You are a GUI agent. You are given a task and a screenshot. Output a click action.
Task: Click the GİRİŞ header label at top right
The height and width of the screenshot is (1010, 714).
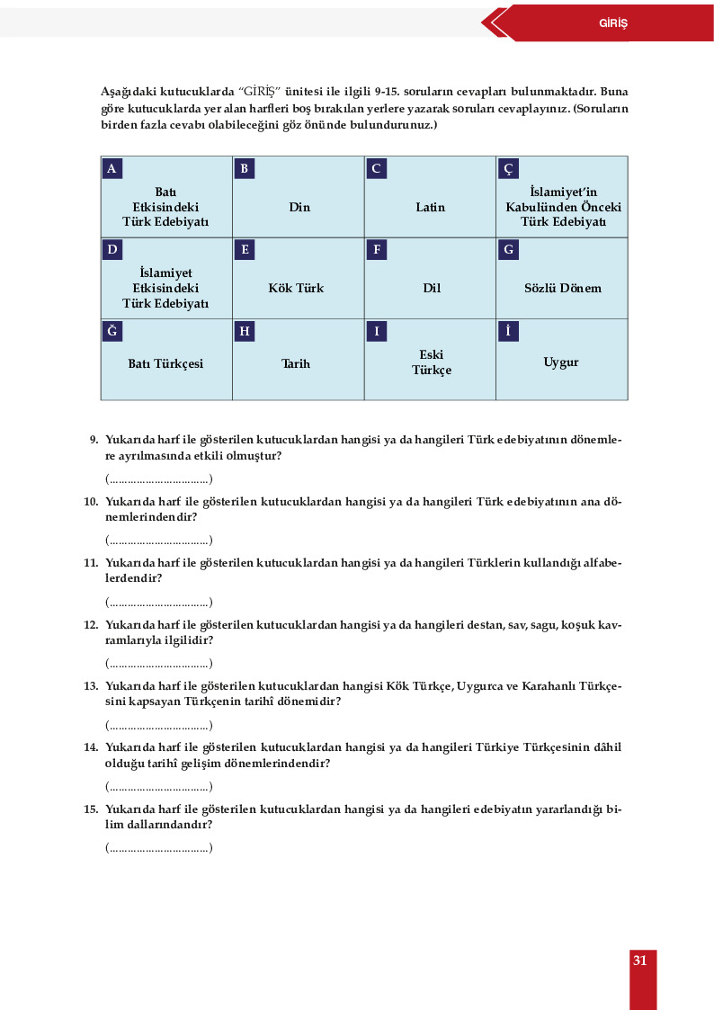(x=612, y=23)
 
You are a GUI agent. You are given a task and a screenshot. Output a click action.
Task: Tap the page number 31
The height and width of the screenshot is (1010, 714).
(x=639, y=961)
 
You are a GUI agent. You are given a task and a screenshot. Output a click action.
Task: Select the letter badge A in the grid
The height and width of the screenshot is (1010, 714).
(x=112, y=169)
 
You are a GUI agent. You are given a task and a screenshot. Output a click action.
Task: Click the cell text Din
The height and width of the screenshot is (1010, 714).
(x=299, y=208)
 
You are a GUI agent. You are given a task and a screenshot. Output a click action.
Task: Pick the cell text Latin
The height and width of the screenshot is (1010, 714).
(x=430, y=208)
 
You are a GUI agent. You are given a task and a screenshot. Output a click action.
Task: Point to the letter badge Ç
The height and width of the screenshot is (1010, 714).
(x=508, y=169)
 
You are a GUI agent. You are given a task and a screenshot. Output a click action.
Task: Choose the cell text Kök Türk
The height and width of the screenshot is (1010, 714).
(x=296, y=289)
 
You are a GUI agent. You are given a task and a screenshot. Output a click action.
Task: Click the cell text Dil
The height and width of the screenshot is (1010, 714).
(x=431, y=289)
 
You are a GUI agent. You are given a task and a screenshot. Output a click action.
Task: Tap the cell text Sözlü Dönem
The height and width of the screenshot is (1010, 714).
(x=562, y=289)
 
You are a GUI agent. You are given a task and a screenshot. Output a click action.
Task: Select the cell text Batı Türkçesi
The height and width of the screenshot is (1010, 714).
(x=165, y=364)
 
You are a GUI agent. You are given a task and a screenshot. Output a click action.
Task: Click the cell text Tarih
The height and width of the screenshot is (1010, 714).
(x=296, y=364)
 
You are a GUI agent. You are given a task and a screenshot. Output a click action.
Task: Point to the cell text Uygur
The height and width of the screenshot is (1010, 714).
(x=561, y=362)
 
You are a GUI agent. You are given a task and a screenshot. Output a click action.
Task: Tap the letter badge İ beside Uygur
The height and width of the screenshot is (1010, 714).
(x=508, y=332)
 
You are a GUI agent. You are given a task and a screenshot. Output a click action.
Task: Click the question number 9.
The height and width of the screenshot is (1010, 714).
(x=94, y=440)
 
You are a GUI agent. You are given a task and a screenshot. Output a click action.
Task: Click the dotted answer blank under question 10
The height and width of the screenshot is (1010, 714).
(x=158, y=541)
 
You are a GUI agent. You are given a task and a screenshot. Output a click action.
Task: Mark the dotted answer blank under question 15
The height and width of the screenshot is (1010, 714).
(x=158, y=848)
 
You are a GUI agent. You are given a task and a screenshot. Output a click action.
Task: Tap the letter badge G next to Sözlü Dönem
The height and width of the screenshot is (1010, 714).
(x=508, y=250)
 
